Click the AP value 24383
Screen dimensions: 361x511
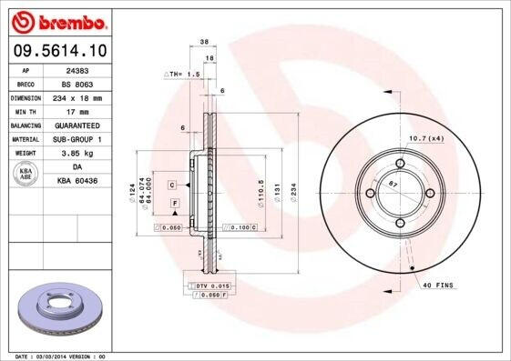click(77, 69)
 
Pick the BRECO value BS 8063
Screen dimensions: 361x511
click(77, 83)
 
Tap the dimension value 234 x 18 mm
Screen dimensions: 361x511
click(77, 97)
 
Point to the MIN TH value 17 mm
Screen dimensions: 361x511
click(77, 111)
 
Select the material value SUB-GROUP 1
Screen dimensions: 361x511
click(77, 139)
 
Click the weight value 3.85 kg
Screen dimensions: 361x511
click(77, 154)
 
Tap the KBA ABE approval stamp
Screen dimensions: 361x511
click(26, 175)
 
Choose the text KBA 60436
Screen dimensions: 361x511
click(77, 182)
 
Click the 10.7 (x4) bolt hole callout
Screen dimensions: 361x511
click(425, 137)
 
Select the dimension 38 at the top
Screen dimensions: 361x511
click(204, 42)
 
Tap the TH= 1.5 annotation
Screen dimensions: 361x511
click(181, 74)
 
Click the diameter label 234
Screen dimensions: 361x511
click(294, 193)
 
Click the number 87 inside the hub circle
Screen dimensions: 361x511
click(393, 185)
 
